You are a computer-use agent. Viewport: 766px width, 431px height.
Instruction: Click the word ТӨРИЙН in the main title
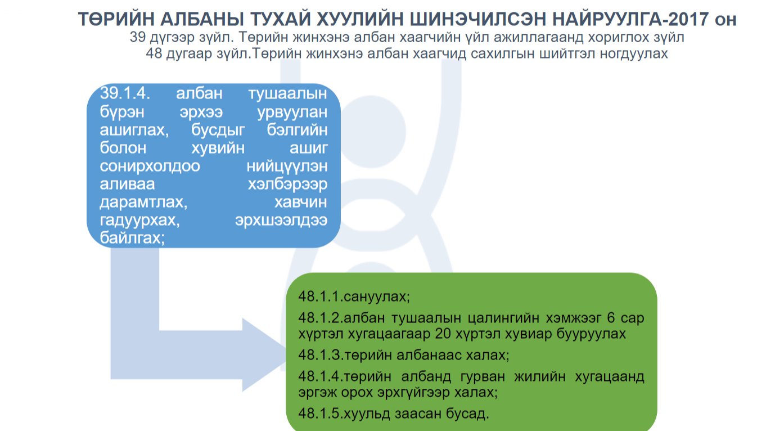tap(116, 19)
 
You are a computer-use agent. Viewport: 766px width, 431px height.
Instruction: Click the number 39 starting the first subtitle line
tap(137, 37)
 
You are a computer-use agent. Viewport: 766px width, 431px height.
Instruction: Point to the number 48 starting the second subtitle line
tap(154, 53)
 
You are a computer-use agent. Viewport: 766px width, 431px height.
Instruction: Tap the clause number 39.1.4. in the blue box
tap(125, 93)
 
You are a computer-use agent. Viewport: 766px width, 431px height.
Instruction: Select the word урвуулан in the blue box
tap(292, 112)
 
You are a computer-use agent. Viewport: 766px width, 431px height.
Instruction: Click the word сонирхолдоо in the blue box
tap(150, 167)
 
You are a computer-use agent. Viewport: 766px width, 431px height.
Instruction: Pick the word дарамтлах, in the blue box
tap(143, 203)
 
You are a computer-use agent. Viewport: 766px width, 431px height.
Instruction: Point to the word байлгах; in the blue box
tap(132, 238)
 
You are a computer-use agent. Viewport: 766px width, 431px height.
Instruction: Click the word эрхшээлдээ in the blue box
tap(281, 221)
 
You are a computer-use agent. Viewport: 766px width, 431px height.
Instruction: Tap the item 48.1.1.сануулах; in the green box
tap(354, 296)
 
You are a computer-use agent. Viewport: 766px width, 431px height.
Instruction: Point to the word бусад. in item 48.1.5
tap(467, 414)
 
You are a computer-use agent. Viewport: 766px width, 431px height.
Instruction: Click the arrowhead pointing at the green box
tap(264, 355)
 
